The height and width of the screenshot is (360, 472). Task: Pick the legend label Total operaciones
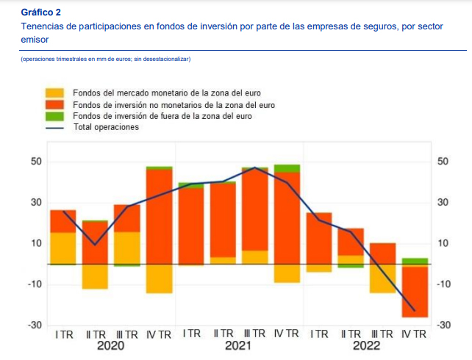[106, 127]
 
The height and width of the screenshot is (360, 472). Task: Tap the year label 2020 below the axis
[111, 347]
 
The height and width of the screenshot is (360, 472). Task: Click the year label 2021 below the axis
[238, 347]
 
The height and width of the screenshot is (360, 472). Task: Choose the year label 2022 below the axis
[366, 347]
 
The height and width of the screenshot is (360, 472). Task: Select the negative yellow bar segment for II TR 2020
[95, 276]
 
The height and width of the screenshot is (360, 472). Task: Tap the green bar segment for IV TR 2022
[415, 261]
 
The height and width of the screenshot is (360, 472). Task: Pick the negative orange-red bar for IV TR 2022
[415, 291]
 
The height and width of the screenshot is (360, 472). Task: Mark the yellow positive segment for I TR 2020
[63, 248]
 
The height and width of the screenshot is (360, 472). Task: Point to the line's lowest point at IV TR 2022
[415, 311]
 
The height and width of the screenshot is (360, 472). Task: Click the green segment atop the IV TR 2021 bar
[287, 168]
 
